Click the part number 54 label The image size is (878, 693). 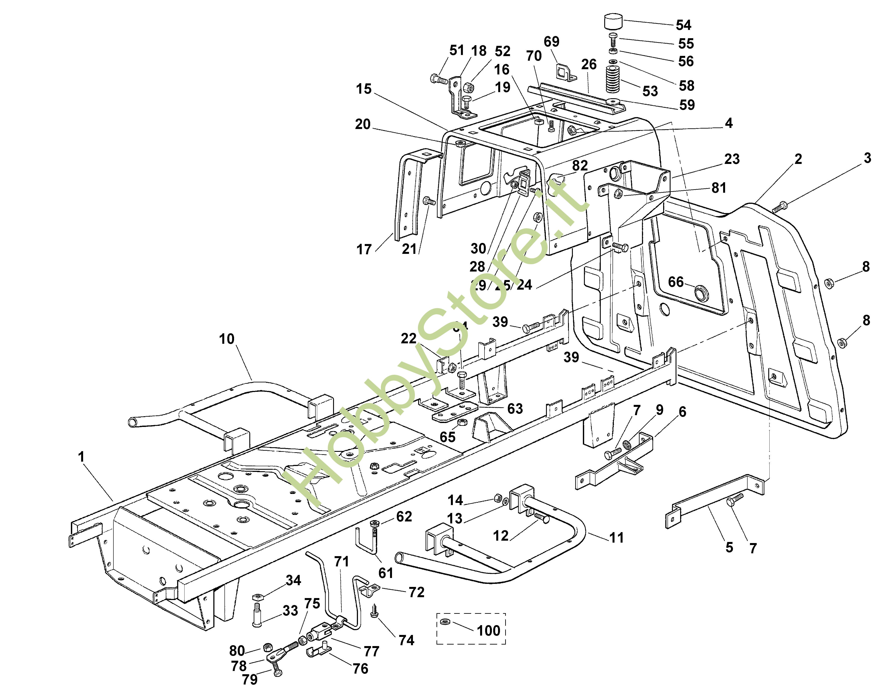(683, 25)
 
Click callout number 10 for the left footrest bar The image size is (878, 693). (227, 339)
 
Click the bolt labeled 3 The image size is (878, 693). (779, 207)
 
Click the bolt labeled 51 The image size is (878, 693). (438, 79)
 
